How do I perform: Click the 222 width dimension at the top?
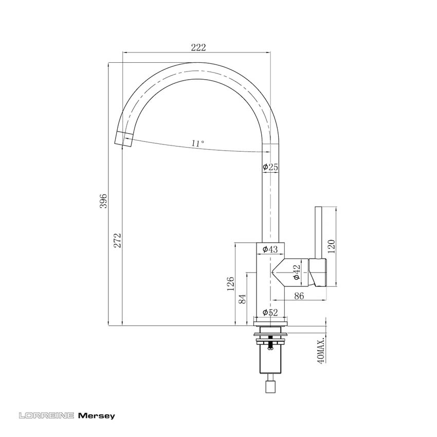pos(198,47)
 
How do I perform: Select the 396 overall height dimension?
pos(103,201)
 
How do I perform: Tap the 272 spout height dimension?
pos(118,240)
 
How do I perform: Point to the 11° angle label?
pos(197,143)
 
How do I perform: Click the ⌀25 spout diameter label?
pos(270,167)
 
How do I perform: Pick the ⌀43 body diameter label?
pos(270,249)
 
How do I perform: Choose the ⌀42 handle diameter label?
pos(296,272)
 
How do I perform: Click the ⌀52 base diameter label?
pos(270,313)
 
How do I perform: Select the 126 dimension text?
pos(230,284)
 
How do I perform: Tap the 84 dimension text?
pos(242,299)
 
